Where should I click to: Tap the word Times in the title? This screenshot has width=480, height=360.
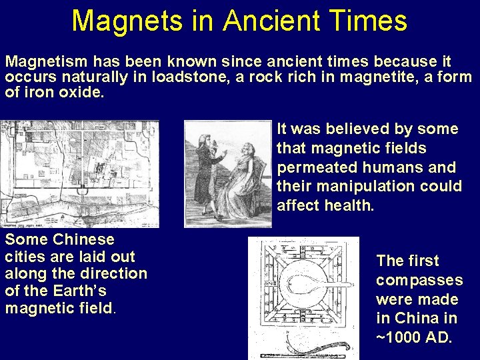(x=373, y=21)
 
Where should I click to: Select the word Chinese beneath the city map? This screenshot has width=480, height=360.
(x=83, y=239)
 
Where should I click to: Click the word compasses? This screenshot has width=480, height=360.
(x=419, y=280)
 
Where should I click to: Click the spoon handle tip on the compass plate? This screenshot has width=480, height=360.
(x=349, y=285)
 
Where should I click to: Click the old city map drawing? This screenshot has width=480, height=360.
(x=79, y=173)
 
